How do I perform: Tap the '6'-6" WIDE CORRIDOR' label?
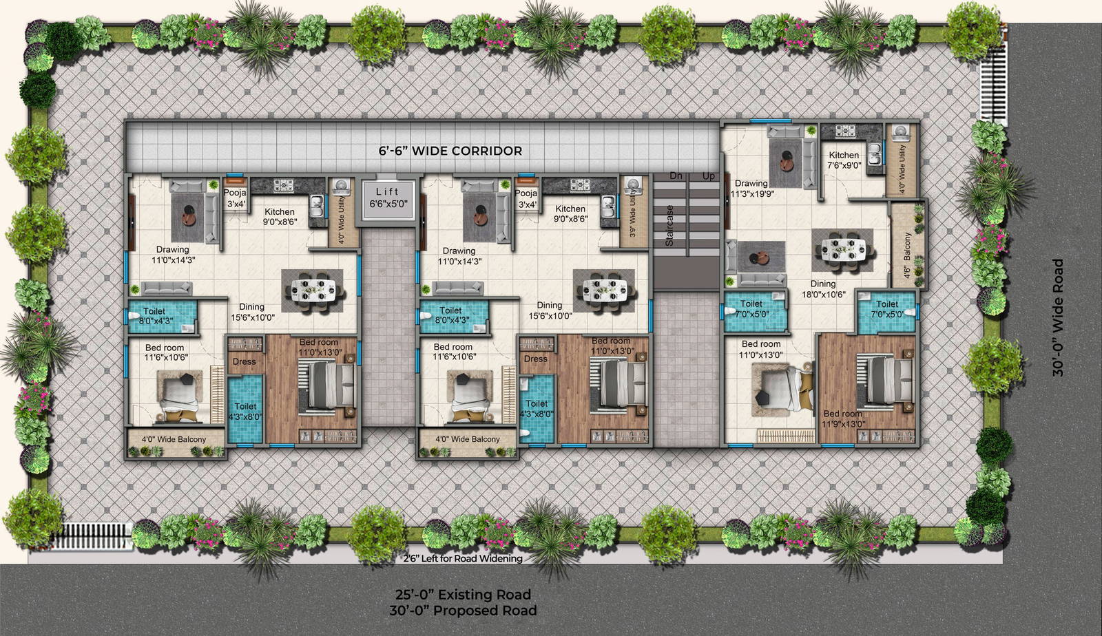pyautogui.click(x=450, y=151)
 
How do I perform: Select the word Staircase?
pyautogui.click(x=669, y=226)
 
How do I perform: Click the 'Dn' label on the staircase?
pyautogui.click(x=676, y=176)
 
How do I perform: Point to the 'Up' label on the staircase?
pyautogui.click(x=708, y=176)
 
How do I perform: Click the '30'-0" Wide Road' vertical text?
pyautogui.click(x=1058, y=317)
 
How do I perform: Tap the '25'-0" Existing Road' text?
pyautogui.click(x=463, y=594)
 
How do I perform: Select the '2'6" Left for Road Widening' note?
pyautogui.click(x=463, y=558)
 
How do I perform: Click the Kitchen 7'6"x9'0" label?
pyautogui.click(x=844, y=160)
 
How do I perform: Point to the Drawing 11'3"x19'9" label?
pyautogui.click(x=753, y=189)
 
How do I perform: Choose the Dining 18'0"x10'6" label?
pyautogui.click(x=823, y=288)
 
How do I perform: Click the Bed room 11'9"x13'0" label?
pyautogui.click(x=843, y=418)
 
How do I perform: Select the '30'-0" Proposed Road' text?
pyautogui.click(x=463, y=611)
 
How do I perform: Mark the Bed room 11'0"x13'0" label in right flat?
pyautogui.click(x=761, y=349)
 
